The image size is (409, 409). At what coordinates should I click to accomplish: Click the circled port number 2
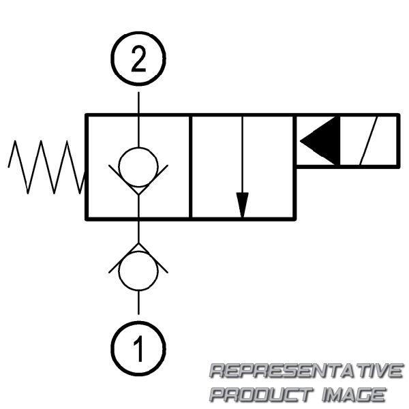[x=138, y=61]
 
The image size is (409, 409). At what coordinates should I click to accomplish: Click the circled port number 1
[x=138, y=350]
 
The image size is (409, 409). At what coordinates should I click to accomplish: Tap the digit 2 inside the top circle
[x=138, y=61]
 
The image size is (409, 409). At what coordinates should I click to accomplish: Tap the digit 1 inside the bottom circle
[x=138, y=350]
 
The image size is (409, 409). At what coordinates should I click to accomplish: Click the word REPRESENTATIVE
[x=305, y=372]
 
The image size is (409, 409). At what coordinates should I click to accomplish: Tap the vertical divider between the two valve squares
[x=190, y=167]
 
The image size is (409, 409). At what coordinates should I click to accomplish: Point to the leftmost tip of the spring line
[x=9, y=166]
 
